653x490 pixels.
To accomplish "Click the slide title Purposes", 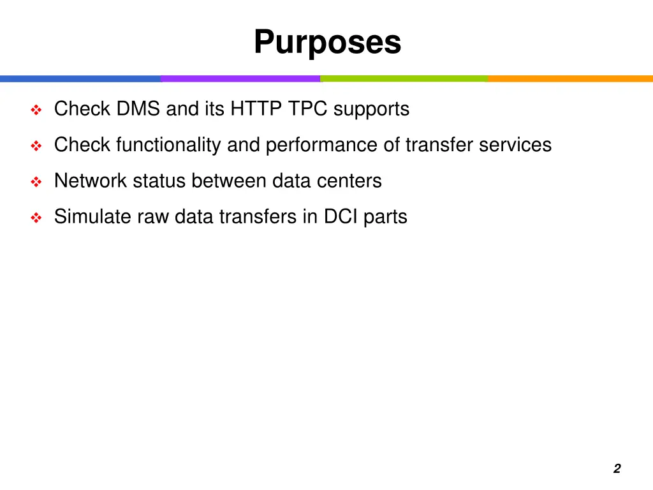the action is click(x=327, y=43).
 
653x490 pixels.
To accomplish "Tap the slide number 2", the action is click(x=617, y=469).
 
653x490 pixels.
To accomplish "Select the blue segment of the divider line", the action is click(x=80, y=78).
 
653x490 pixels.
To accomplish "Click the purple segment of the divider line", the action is click(x=240, y=78).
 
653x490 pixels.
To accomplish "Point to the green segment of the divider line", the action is click(x=404, y=78).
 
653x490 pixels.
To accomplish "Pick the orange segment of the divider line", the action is click(x=570, y=78).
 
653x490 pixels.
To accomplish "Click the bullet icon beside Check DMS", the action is click(x=36, y=110).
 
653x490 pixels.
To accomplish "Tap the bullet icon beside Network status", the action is click(x=36, y=182).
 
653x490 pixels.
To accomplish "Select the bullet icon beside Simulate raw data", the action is click(x=36, y=218).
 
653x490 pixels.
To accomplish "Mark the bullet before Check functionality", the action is click(x=36, y=146).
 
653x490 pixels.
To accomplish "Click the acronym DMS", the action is click(x=138, y=109).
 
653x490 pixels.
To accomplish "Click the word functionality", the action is click(x=169, y=145).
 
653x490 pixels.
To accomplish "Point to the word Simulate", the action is click(x=92, y=216).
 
